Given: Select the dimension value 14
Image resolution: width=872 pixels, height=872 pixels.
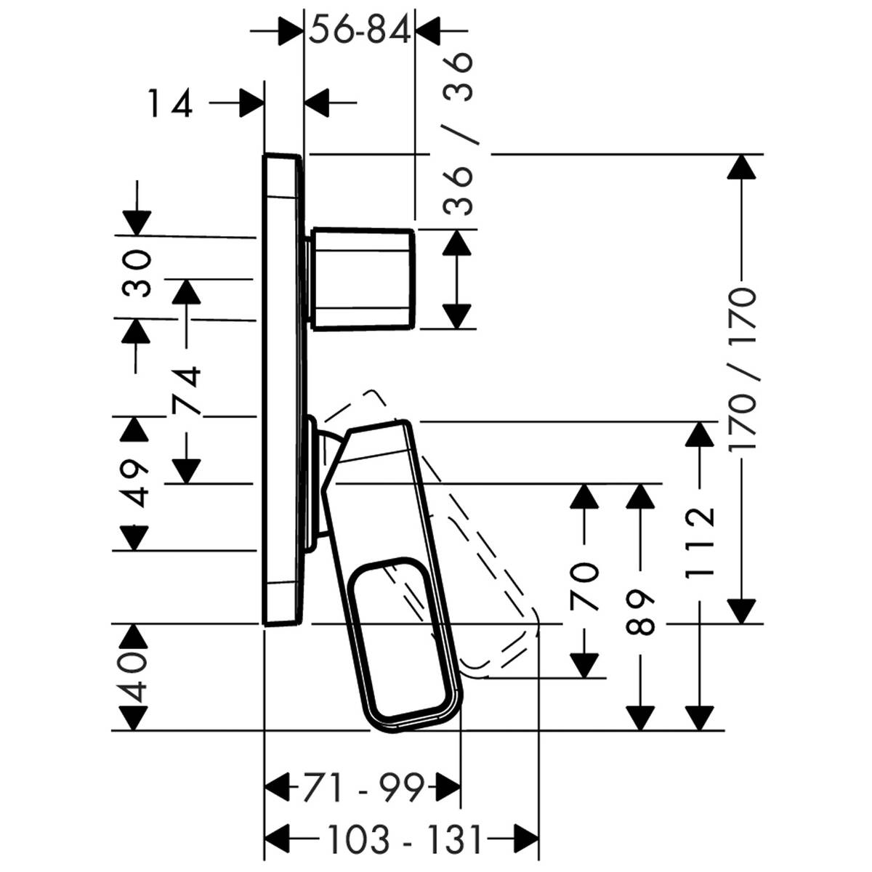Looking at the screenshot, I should click(x=171, y=103).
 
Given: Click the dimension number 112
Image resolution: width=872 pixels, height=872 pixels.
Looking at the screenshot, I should click(x=701, y=541).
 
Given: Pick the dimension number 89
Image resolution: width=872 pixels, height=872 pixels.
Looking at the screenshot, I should click(x=640, y=611).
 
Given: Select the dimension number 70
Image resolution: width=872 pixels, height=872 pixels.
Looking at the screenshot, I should click(x=584, y=586).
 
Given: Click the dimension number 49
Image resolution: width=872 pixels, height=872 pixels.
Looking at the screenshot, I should click(x=133, y=483).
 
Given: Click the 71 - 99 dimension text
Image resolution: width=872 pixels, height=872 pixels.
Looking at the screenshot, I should click(x=362, y=788).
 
